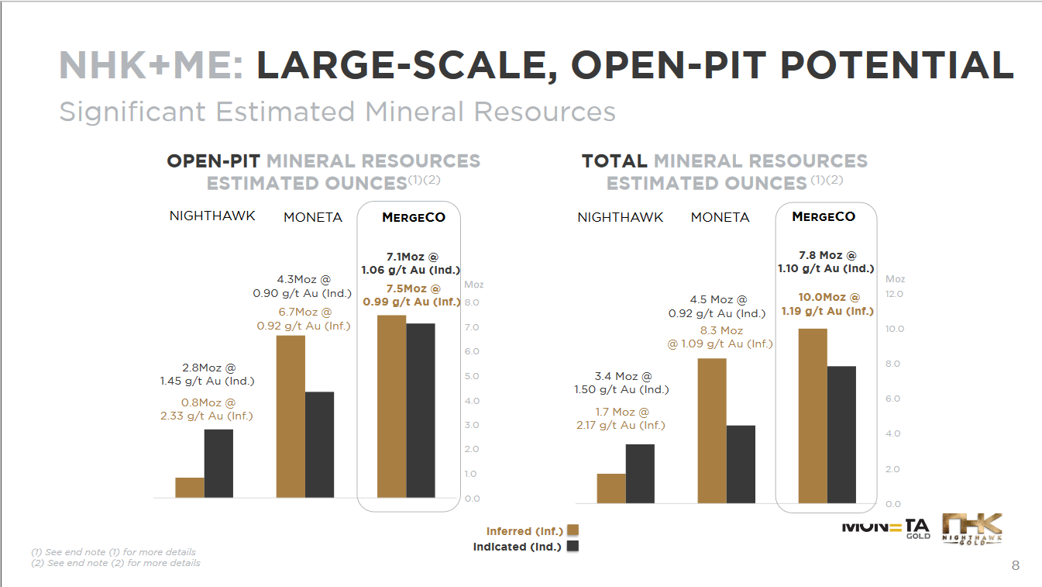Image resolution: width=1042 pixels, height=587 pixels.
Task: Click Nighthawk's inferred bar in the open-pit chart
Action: point(190,487)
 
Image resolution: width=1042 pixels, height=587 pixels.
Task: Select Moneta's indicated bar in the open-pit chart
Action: point(319,444)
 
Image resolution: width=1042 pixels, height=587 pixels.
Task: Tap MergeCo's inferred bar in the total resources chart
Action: point(813,416)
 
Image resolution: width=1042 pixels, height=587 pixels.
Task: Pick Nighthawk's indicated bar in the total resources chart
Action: point(640,473)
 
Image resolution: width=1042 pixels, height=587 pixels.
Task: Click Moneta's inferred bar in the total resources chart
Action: point(712,430)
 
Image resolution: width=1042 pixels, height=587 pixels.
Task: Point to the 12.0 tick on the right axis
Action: point(894,295)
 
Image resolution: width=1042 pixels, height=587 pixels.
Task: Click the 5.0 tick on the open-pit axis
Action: point(472,377)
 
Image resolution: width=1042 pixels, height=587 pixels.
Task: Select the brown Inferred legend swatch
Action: point(573,530)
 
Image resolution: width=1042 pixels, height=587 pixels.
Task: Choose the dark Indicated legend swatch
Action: point(573,547)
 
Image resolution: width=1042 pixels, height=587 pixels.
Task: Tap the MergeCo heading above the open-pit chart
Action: point(414,217)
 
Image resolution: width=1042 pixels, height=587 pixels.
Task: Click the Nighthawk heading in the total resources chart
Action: point(621,217)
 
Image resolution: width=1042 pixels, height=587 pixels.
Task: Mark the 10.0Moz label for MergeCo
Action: point(829,297)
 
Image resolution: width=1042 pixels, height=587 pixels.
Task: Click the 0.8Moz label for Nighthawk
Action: point(206,403)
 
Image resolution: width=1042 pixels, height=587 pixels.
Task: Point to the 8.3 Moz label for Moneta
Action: point(721,331)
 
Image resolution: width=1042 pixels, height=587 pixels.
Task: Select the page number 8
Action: point(1016,566)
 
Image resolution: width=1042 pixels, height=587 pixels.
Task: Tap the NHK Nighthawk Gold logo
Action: point(972,530)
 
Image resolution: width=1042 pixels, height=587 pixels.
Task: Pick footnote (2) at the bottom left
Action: point(115,563)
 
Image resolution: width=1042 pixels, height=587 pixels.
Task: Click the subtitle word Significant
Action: point(132,112)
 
